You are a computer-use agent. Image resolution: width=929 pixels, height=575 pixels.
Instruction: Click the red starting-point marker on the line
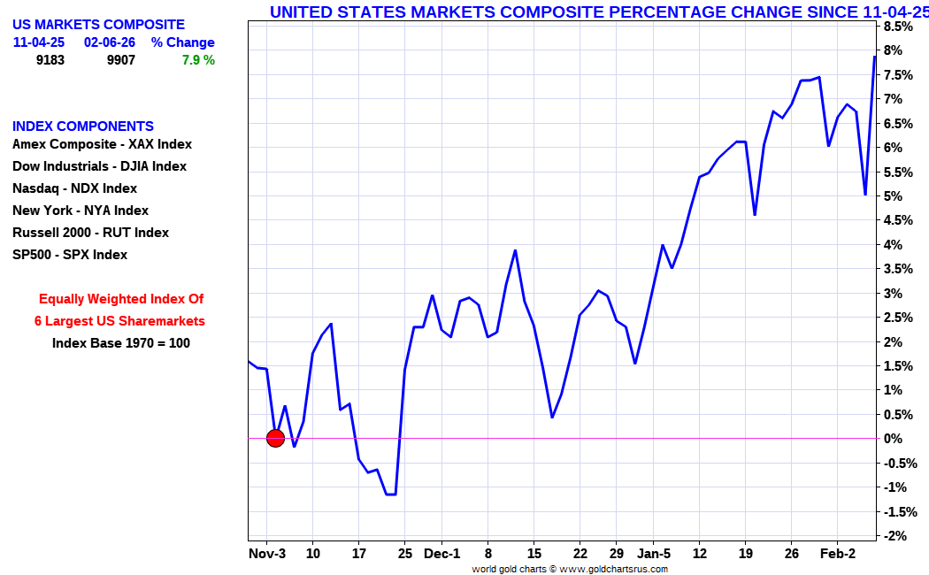pyautogui.click(x=275, y=438)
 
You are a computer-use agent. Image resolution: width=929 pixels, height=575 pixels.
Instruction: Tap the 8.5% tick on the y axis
pyautogui.click(x=899, y=27)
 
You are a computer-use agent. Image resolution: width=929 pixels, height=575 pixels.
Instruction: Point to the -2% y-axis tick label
pyautogui.click(x=895, y=536)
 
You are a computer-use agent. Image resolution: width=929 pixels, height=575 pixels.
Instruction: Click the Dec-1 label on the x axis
pyautogui.click(x=441, y=555)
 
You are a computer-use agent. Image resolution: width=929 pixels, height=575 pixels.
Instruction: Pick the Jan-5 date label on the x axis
pyautogui.click(x=654, y=555)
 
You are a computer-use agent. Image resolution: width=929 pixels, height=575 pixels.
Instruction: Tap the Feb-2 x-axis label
pyautogui.click(x=837, y=555)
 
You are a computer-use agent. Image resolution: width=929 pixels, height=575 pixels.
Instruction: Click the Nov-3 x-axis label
pyautogui.click(x=267, y=555)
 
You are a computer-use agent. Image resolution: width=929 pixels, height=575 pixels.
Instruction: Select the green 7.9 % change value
pyautogui.click(x=198, y=60)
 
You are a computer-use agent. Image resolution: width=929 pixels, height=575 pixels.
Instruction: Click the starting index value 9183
pyautogui.click(x=50, y=60)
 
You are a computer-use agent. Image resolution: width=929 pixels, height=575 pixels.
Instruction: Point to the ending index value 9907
pyautogui.click(x=121, y=60)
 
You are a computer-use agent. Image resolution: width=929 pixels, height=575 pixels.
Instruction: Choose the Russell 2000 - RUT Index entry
pyautogui.click(x=90, y=233)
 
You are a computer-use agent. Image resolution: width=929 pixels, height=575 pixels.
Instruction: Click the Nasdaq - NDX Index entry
pyautogui.click(x=74, y=188)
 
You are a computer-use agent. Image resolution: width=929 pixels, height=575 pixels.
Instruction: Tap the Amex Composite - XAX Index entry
pyautogui.click(x=102, y=144)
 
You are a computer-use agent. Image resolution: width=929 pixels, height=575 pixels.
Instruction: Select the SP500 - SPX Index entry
pyautogui.click(x=70, y=255)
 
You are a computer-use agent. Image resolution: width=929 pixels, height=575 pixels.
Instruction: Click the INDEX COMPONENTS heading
pyautogui.click(x=83, y=126)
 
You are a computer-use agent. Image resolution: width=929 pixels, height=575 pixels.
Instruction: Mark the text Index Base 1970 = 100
pyautogui.click(x=120, y=343)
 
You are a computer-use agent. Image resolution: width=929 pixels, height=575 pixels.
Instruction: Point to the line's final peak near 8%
pyautogui.click(x=874, y=57)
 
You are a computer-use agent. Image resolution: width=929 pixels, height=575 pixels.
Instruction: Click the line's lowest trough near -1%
pyautogui.click(x=390, y=494)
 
